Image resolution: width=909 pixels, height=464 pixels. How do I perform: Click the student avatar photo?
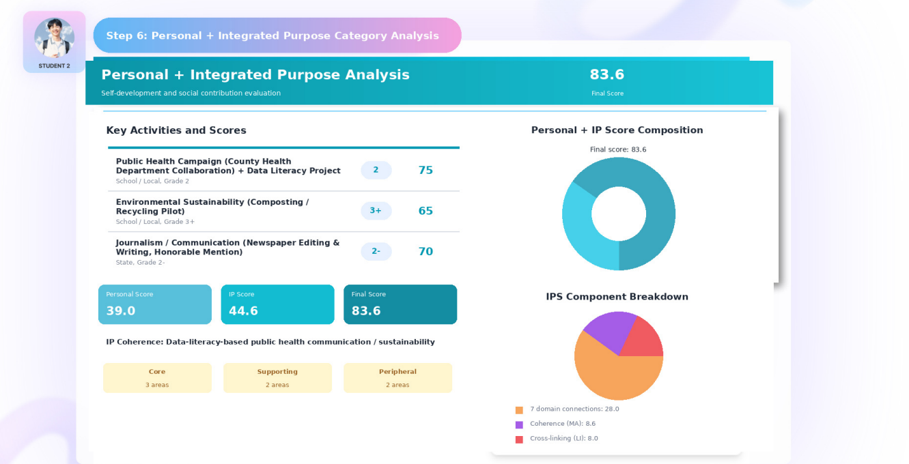coord(55,38)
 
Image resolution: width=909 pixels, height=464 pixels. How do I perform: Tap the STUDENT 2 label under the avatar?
coord(55,66)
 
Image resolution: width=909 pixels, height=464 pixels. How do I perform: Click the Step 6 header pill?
coord(277,35)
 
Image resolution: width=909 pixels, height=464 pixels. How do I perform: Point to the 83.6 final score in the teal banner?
coord(606,74)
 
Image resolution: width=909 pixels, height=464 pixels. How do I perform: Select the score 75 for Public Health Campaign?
coord(425,170)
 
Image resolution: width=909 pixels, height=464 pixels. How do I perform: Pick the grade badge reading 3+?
coord(376,210)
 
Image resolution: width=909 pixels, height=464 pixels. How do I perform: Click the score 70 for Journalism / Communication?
coord(425,252)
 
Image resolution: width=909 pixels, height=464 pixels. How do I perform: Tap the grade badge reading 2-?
coord(376,251)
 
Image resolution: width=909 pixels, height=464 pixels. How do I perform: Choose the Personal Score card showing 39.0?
coord(155,304)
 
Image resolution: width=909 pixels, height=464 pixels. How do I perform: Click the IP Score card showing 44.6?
coord(277,304)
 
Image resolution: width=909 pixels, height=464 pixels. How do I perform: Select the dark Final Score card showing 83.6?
coord(400,304)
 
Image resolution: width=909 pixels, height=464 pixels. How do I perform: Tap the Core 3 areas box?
coord(158,377)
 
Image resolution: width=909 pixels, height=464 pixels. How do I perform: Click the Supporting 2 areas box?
coord(277,377)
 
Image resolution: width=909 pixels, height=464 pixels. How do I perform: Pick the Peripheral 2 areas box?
coord(397,377)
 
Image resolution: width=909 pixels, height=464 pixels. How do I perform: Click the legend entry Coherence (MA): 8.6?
coord(555,424)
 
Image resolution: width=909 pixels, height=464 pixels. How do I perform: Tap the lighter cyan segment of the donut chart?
coord(581,236)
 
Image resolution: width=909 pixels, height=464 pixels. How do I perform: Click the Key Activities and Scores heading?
coord(176,130)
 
